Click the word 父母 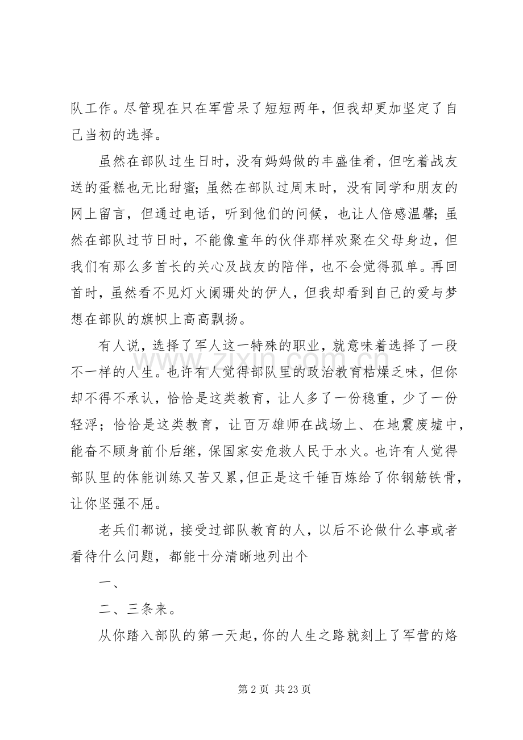tap(395, 235)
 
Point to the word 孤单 tap(395, 259)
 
